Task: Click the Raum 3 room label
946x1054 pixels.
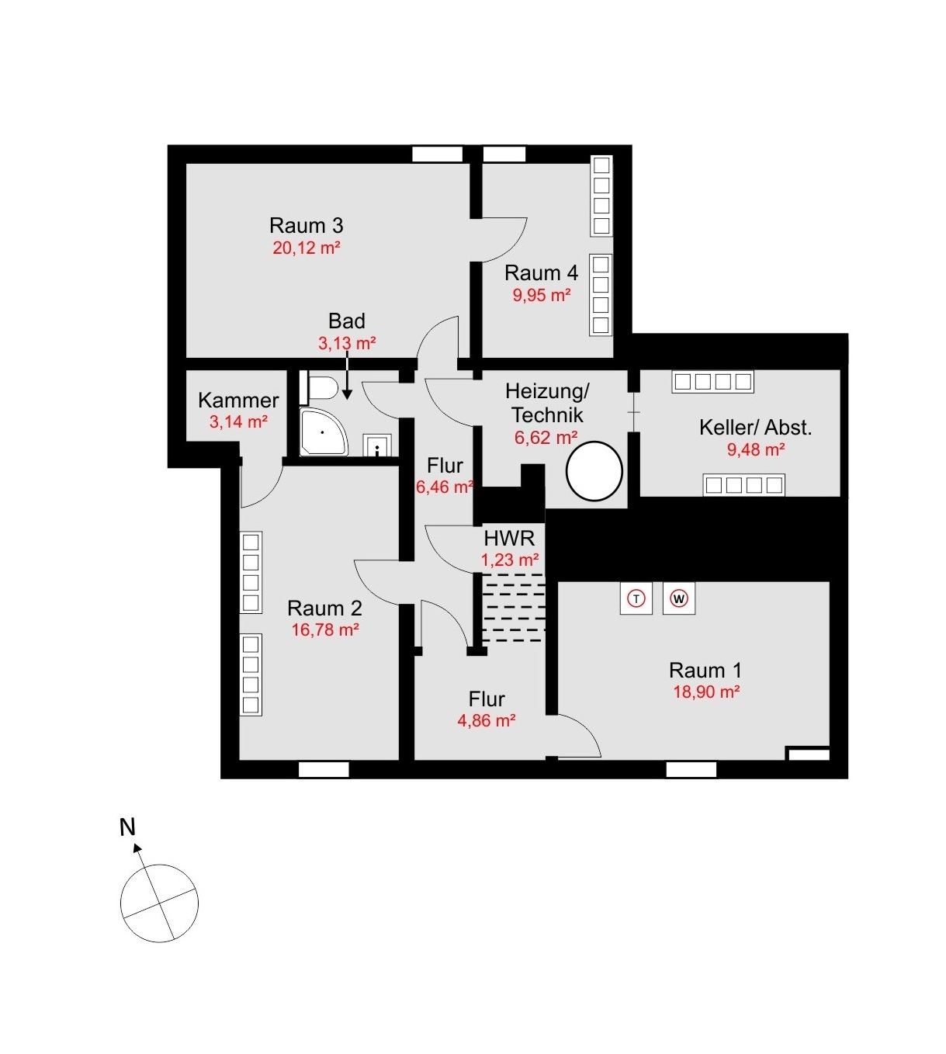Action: tap(306, 226)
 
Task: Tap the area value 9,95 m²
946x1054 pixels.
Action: tap(541, 296)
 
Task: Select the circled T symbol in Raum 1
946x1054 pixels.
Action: tap(636, 598)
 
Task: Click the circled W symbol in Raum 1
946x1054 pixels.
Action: tap(679, 598)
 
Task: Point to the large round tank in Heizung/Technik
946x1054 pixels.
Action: tap(594, 471)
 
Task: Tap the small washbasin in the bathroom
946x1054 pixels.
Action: tap(377, 446)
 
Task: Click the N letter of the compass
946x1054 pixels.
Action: tap(127, 827)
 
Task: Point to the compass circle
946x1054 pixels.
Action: tap(160, 903)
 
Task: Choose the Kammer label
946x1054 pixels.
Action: tap(238, 400)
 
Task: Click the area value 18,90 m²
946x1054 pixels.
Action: tap(705, 692)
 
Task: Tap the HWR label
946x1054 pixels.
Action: tap(509, 538)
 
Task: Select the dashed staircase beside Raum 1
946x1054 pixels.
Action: tap(513, 608)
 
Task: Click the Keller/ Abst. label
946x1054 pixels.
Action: tap(755, 428)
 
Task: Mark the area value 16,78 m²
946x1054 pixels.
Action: tap(324, 630)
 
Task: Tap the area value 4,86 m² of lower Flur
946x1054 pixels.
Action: tap(487, 721)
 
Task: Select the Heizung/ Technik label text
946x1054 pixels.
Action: tap(547, 403)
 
